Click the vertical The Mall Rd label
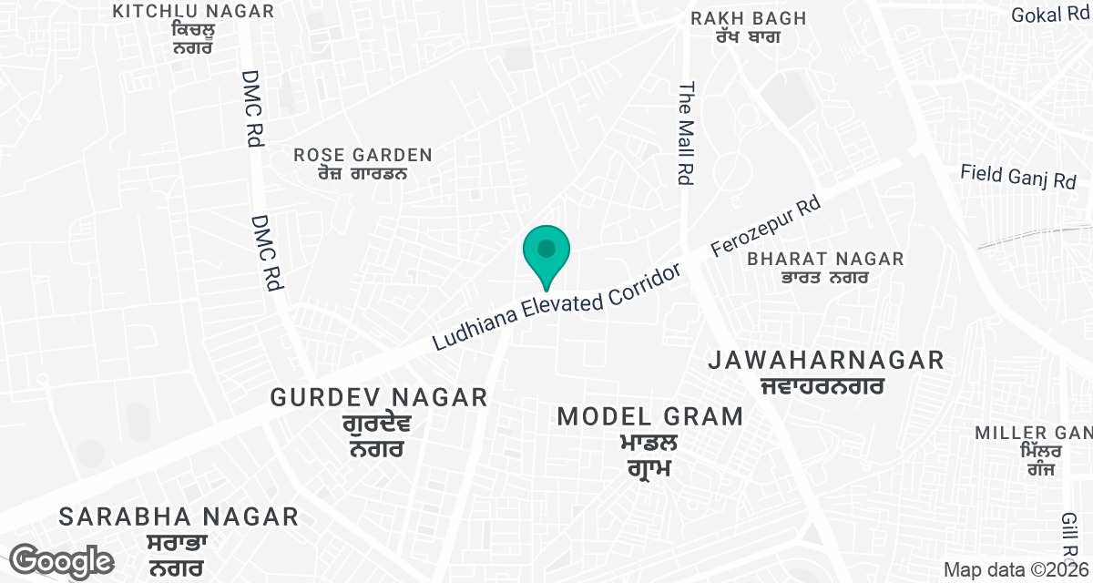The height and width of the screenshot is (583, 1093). (686, 132)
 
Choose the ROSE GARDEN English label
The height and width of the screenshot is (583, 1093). (363, 155)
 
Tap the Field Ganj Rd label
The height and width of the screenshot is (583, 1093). (1019, 177)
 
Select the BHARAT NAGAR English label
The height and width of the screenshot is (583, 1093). (825, 260)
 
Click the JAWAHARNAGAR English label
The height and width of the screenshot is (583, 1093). (826, 361)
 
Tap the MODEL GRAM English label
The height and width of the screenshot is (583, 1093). (650, 417)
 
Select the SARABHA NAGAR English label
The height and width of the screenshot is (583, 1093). (179, 517)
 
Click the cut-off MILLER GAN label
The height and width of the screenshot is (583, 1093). (1033, 432)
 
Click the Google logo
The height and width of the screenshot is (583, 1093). (62, 560)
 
